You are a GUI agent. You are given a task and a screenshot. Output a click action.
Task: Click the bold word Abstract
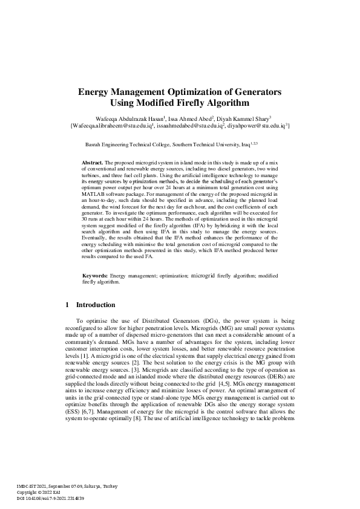93,163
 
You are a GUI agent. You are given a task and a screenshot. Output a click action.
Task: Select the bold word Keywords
95,276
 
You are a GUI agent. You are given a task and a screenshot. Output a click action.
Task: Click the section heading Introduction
96,305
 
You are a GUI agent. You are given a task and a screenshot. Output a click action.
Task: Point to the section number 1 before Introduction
67,305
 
